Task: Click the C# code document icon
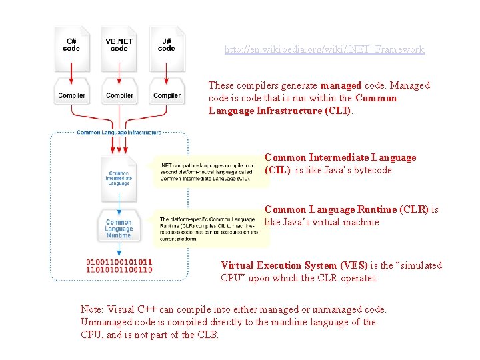[x=71, y=47]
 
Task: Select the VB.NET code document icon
[x=119, y=47]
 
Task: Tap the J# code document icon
[x=167, y=47]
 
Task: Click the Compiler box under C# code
[x=71, y=95]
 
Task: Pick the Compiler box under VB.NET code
[x=119, y=95]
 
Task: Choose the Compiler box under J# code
[x=167, y=95]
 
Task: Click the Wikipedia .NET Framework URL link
[x=324, y=50]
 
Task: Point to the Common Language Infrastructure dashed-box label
[x=119, y=133]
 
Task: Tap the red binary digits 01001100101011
[x=119, y=261]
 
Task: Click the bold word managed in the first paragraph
[x=341, y=85]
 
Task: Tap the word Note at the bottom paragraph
[x=91, y=309]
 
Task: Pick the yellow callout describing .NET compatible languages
[x=206, y=172]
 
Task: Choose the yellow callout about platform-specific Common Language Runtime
[x=206, y=229]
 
